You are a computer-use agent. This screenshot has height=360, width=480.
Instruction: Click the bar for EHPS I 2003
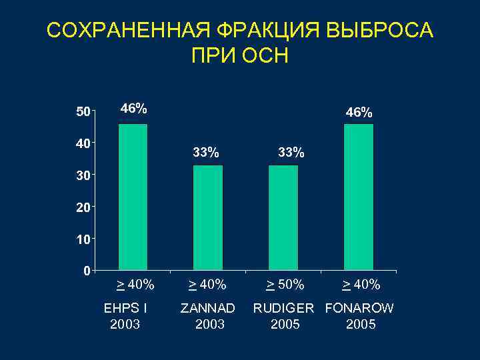(133, 197)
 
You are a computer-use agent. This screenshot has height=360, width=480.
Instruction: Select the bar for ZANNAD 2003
(207, 218)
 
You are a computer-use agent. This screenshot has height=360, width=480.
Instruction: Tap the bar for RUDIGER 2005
(283, 218)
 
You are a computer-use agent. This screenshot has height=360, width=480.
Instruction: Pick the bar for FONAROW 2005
(359, 197)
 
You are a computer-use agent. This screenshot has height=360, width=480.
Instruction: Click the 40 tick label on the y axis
(81, 143)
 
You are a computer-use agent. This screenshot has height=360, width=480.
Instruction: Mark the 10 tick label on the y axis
(81, 239)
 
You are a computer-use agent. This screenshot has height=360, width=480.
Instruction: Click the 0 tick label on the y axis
(86, 271)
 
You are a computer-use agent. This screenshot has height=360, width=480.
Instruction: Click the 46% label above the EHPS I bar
(133, 108)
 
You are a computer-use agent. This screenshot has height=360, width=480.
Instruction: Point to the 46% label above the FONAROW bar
(359, 113)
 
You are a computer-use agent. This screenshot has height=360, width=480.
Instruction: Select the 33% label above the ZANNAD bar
(206, 153)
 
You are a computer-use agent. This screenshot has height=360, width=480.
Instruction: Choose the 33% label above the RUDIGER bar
(291, 153)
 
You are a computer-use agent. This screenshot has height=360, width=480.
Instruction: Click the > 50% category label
(285, 285)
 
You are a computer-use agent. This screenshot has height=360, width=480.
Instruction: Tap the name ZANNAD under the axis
(208, 309)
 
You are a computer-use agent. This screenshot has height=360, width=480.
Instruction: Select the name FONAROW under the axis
(360, 309)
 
